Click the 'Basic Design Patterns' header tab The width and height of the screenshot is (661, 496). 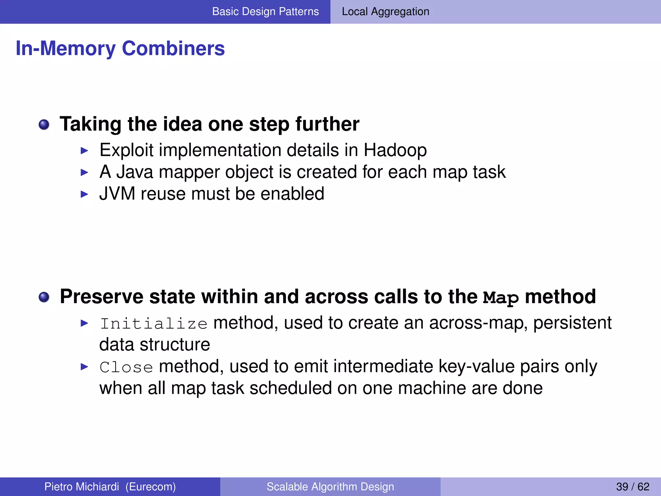pos(265,12)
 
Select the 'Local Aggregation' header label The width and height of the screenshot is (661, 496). pos(385,12)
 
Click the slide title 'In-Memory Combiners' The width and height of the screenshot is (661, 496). pos(120,48)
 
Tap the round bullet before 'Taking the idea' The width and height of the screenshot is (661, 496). pos(44,125)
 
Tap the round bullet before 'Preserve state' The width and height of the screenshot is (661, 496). pos(44,297)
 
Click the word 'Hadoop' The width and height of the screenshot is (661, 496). pos(395,150)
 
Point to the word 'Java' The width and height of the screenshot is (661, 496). pos(135,172)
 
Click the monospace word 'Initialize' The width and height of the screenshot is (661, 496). pos(154,324)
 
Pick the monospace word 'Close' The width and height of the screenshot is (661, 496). pos(126,367)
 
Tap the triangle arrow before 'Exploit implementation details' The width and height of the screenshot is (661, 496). pos(84,150)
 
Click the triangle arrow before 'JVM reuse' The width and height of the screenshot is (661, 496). pos(84,194)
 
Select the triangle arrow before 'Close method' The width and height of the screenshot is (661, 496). pos(84,367)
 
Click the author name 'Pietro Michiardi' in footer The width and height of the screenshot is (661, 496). pos(82,487)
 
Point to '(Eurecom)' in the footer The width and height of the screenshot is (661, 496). pos(150,487)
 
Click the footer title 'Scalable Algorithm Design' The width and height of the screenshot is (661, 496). pos(330,487)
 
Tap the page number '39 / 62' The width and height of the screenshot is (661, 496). pos(632,487)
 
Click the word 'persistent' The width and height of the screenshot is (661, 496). pos(572,323)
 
